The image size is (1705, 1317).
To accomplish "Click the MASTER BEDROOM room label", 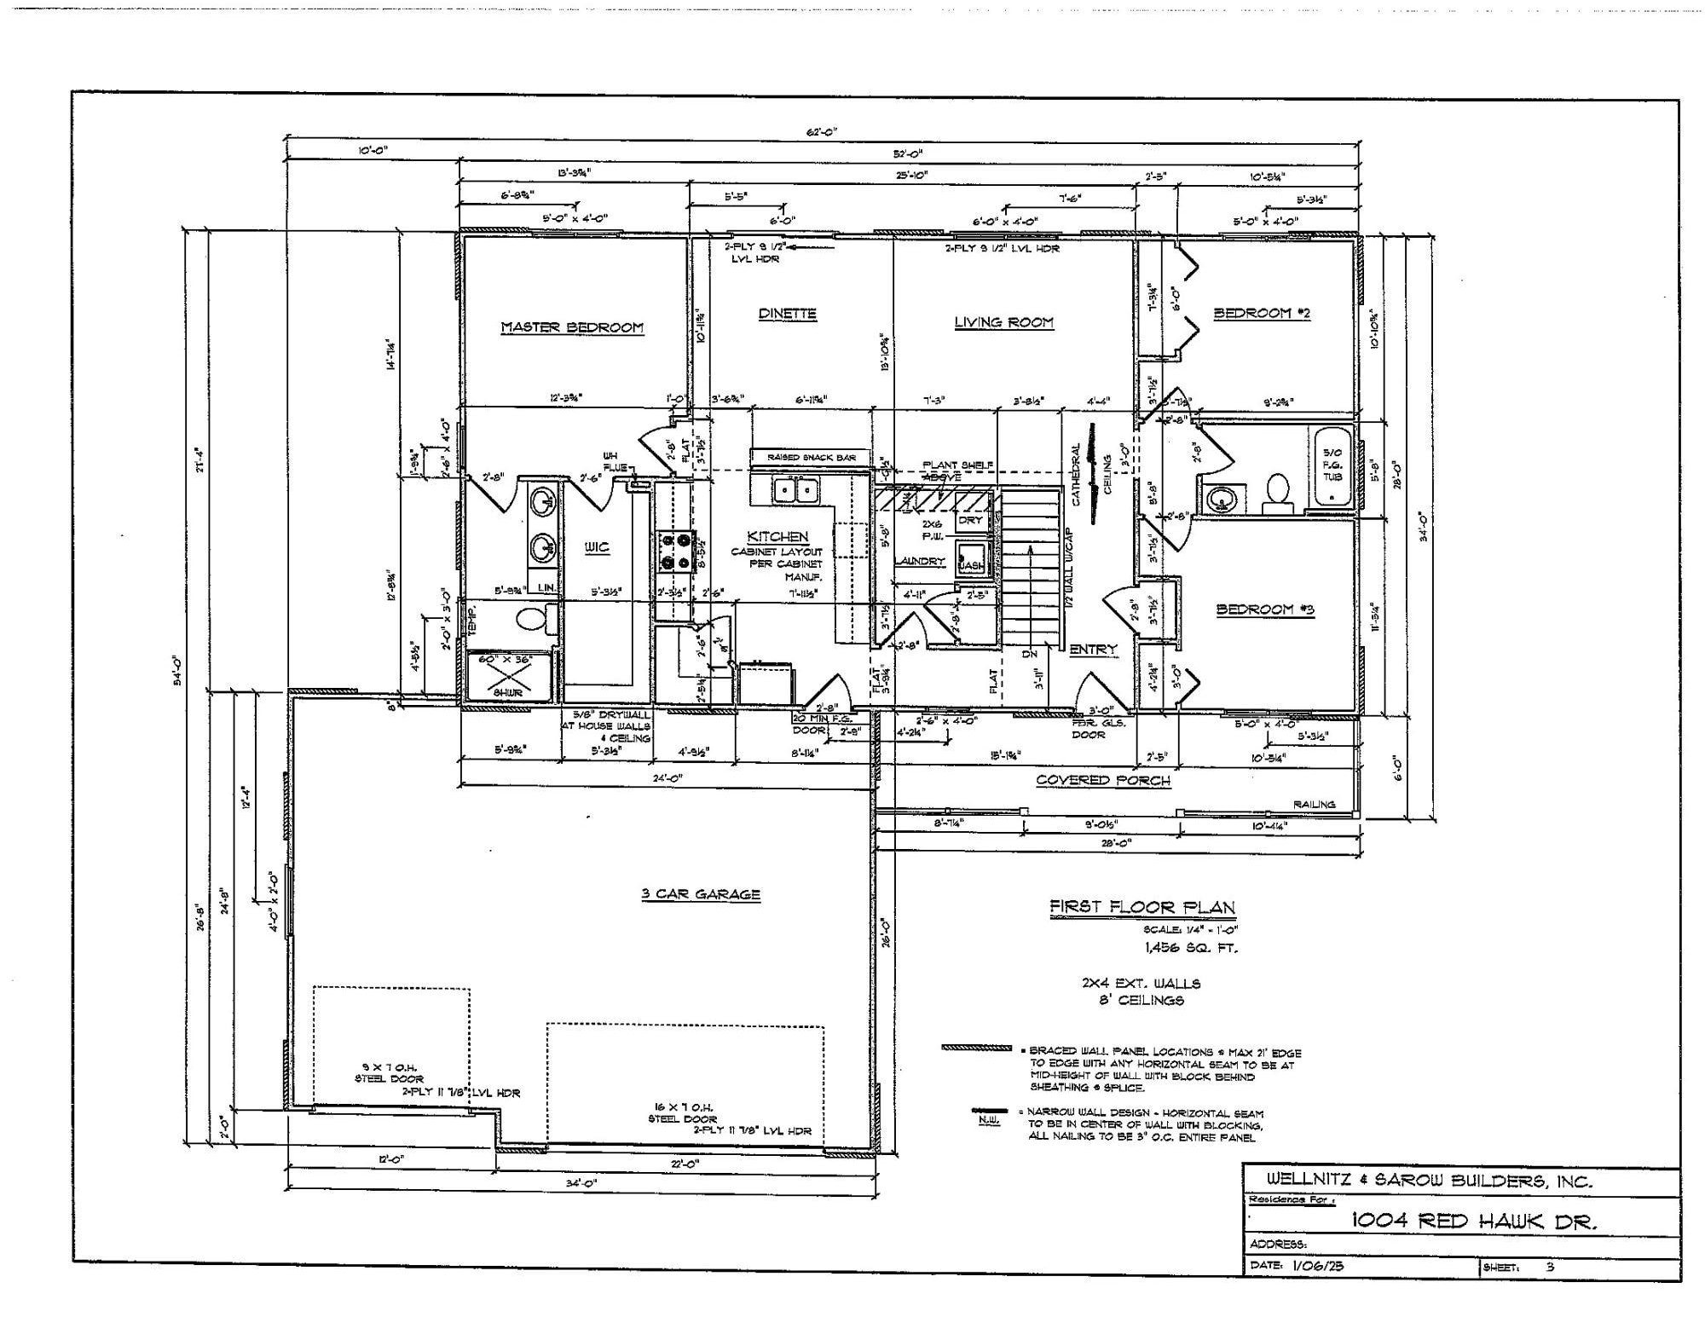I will [571, 327].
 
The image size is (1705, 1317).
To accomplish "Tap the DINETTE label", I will [787, 314].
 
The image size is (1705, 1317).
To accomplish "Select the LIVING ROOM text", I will [1003, 322].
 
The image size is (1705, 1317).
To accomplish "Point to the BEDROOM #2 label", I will [1262, 313].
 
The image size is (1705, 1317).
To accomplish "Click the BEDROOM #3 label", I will [1264, 609].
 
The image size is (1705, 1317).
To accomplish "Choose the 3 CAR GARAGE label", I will [700, 894].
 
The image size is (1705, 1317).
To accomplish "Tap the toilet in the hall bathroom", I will [1276, 493].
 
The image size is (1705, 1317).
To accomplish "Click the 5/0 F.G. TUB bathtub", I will [1331, 468].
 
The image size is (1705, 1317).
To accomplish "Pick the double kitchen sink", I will [795, 490].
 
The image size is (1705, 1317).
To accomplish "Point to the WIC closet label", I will [597, 547].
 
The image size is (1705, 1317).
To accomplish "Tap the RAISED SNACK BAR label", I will [810, 458].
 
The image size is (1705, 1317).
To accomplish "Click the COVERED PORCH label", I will [1102, 780].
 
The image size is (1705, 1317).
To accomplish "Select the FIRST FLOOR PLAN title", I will [1141, 908].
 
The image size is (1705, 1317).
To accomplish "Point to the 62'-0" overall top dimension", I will [822, 132].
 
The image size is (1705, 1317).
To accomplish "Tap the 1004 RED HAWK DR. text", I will [1474, 1222].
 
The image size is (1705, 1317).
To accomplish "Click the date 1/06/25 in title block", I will [1317, 1266].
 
